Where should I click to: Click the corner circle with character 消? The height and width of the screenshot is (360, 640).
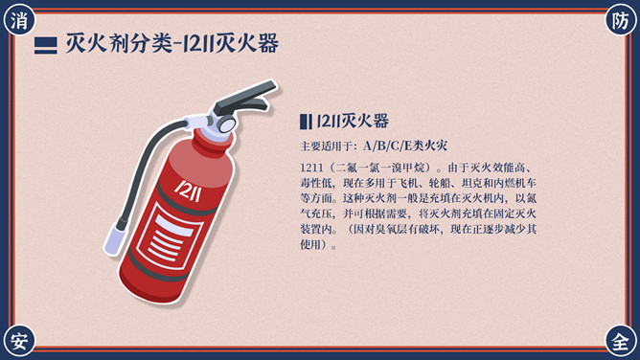tap(19, 20)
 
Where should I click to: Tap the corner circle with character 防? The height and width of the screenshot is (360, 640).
tap(620, 20)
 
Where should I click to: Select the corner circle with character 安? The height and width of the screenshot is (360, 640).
tap(19, 341)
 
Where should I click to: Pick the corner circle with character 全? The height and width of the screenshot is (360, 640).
tap(620, 341)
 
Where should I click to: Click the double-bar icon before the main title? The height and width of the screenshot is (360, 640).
tap(46, 46)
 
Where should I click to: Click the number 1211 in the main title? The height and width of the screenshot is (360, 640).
tap(197, 44)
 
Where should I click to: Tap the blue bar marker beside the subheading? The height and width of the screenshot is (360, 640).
tap(306, 122)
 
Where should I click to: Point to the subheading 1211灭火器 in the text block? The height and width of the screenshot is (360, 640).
tap(353, 121)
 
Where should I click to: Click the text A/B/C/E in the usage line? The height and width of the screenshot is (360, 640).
tap(387, 146)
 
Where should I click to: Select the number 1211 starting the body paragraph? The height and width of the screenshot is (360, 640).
tap(311, 168)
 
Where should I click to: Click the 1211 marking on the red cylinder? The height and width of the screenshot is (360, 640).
tap(188, 191)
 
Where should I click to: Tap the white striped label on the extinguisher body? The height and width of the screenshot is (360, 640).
tap(170, 236)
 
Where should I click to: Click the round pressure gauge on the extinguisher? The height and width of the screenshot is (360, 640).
tap(225, 123)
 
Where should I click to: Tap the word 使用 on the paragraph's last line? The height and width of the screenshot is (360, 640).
tap(310, 244)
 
